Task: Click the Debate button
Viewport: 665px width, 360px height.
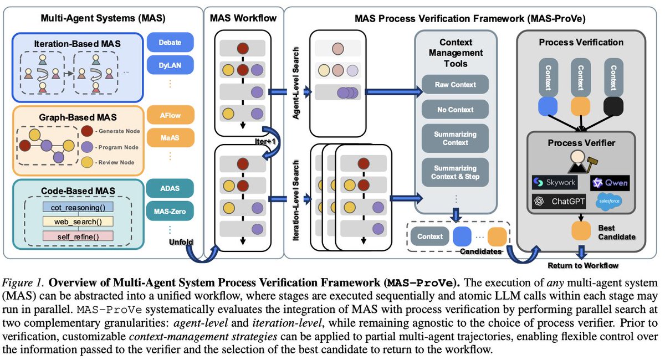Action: [171, 43]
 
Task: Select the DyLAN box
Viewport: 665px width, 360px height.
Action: [171, 66]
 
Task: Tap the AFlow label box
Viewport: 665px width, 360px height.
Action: [171, 115]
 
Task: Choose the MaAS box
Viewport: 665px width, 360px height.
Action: [171, 137]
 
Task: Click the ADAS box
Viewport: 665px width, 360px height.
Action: [171, 186]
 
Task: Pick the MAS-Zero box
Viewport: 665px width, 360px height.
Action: [171, 210]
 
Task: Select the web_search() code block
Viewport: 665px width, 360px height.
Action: [78, 222]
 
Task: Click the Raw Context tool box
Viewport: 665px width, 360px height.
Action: [455, 85]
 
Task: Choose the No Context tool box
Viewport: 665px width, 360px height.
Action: [455, 110]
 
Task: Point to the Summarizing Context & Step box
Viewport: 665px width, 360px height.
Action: [455, 172]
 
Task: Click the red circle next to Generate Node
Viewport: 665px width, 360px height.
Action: [87, 131]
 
